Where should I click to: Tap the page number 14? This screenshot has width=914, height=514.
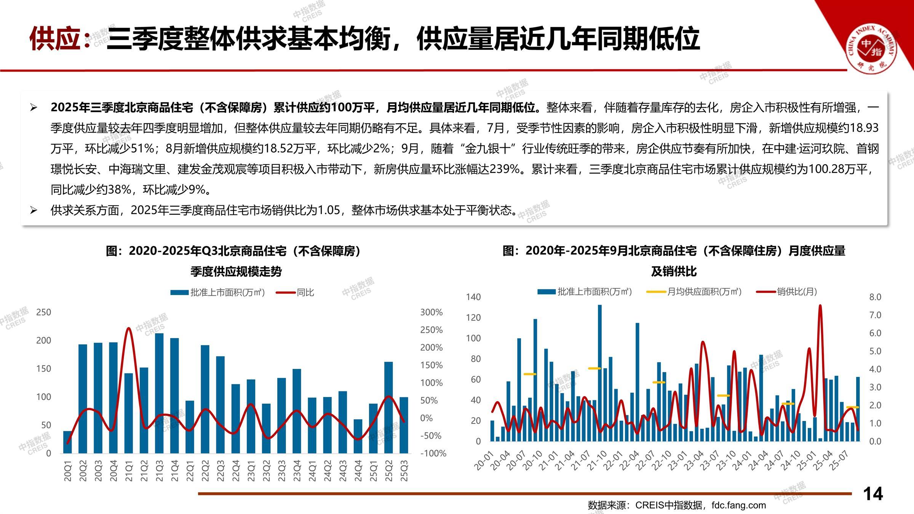(873, 494)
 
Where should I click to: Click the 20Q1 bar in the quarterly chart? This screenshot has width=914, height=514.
(67, 442)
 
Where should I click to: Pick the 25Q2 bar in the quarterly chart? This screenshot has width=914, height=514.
(388, 407)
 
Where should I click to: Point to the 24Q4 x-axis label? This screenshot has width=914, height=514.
(358, 471)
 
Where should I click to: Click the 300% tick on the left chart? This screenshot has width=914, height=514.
(431, 312)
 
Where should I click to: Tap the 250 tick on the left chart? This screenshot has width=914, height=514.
(43, 312)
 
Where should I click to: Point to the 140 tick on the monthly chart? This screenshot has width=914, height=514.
(473, 297)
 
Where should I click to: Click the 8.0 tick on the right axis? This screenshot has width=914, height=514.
(875, 297)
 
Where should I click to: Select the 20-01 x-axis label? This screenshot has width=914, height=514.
(484, 461)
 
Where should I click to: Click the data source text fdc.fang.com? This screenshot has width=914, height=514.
(738, 505)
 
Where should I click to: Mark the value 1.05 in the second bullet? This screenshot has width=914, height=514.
(329, 210)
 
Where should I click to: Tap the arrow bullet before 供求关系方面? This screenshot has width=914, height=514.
(34, 210)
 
